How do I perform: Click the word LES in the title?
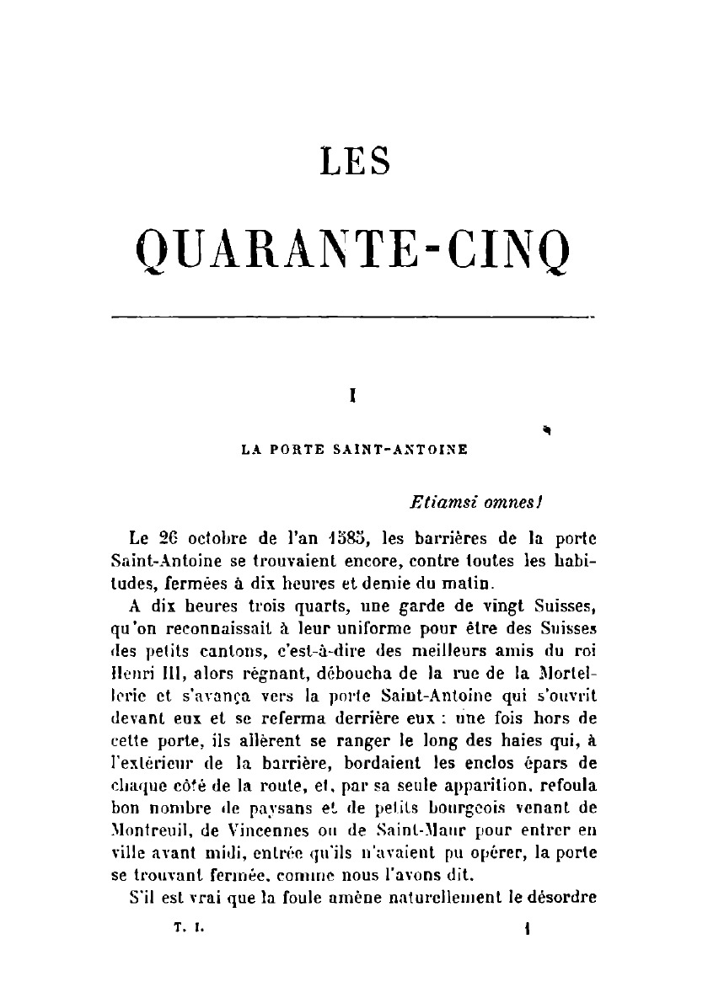pyautogui.click(x=355, y=161)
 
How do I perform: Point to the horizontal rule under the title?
pyautogui.click(x=353, y=317)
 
